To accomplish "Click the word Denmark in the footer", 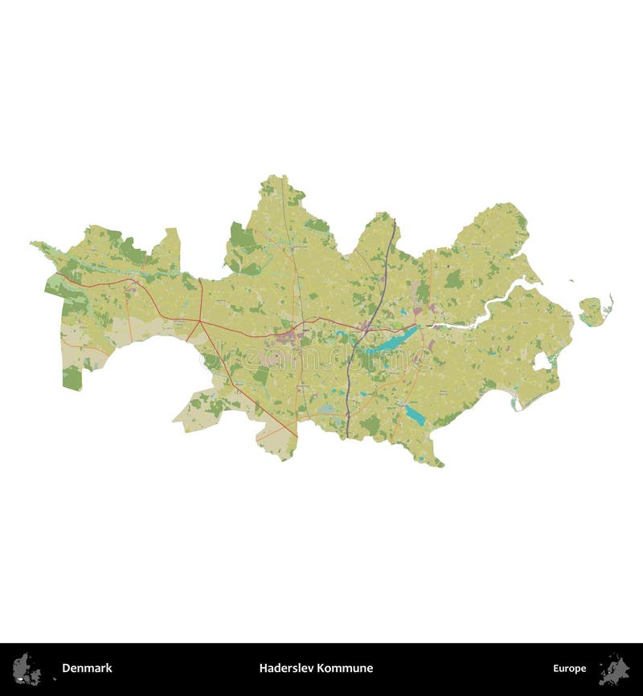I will (87, 668).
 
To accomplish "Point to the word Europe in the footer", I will (569, 668).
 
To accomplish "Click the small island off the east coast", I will (592, 311).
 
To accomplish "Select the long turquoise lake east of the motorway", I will (392, 340).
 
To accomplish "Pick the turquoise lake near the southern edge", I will (415, 415).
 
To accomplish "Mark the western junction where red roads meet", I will (199, 320).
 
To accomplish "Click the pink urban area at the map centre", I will (288, 338).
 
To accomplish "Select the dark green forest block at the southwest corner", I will (72, 378).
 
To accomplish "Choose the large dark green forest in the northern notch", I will (241, 237).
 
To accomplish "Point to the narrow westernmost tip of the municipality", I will (35, 243).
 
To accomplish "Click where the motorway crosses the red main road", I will (367, 325).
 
